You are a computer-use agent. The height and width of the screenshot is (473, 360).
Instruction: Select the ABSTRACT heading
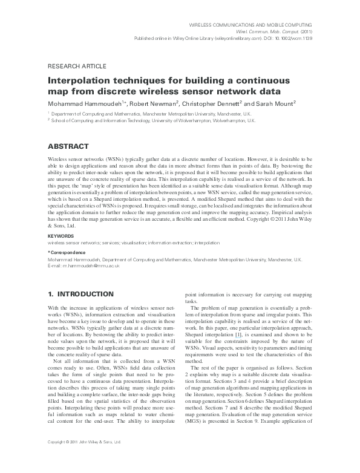(x=68, y=146)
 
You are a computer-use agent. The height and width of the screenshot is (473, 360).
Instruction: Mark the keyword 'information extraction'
(x=164, y=243)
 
